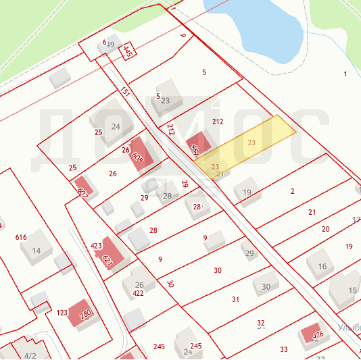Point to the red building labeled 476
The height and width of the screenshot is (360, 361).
click(x=312, y=334)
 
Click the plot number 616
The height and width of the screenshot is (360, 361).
click(x=21, y=237)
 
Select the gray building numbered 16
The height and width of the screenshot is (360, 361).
click(x=322, y=265)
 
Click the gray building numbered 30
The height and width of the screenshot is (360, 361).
click(x=266, y=286)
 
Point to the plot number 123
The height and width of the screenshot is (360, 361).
click(x=62, y=313)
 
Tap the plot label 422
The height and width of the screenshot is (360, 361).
click(x=138, y=293)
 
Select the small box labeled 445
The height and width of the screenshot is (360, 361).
click(x=127, y=51)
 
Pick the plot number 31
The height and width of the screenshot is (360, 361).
click(x=235, y=299)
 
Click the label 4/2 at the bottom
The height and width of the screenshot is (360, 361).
click(x=30, y=355)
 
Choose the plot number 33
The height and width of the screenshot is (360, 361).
click(x=284, y=349)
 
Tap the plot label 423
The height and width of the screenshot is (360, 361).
click(x=96, y=246)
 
